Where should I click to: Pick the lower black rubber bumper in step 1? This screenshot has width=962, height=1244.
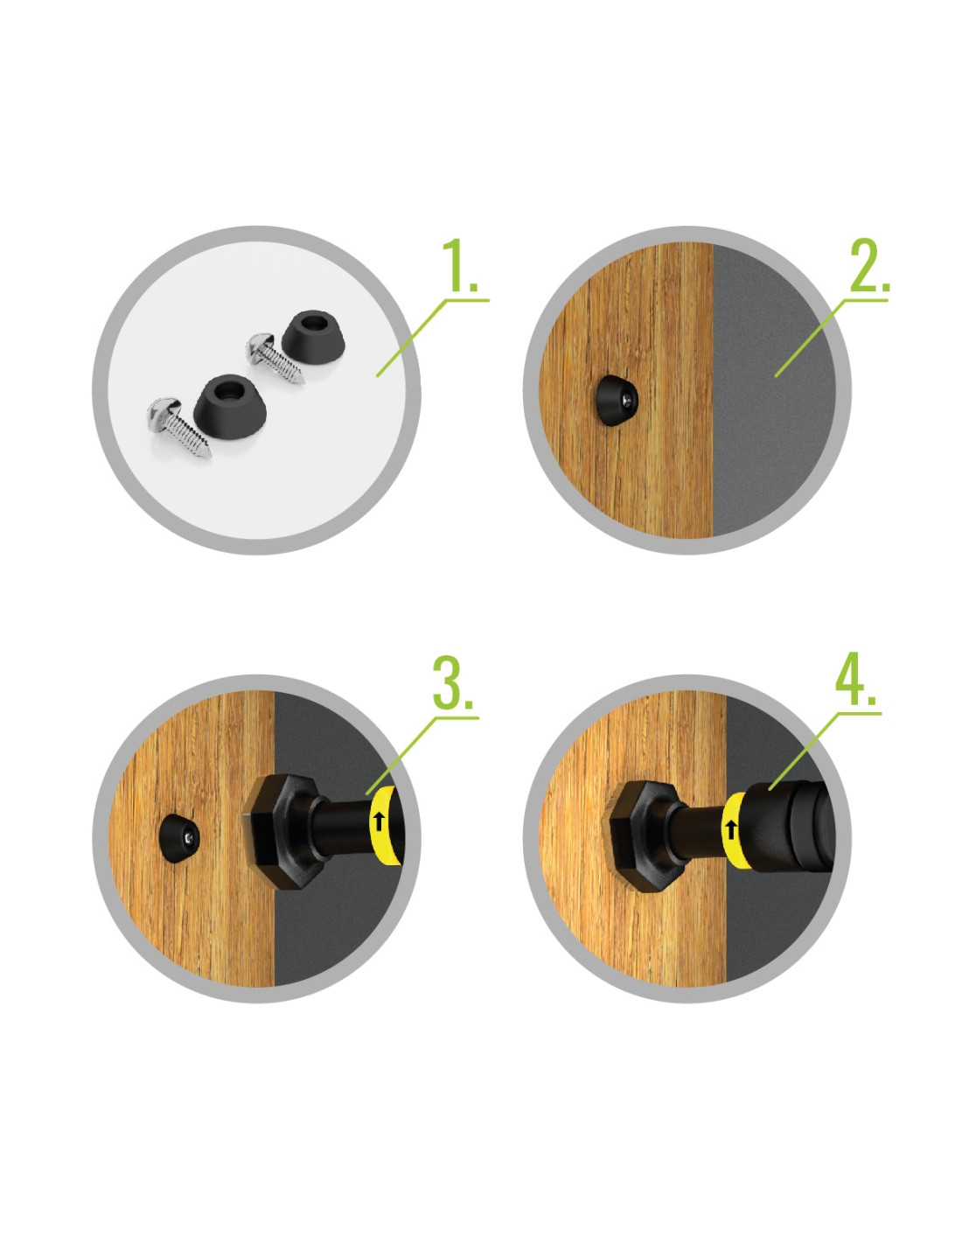click(229, 407)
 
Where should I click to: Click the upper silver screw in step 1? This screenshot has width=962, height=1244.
click(274, 358)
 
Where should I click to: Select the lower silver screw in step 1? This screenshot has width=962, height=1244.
click(178, 427)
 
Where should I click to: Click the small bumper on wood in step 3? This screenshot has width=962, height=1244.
click(179, 838)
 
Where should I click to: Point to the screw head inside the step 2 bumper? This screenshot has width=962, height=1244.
click(630, 396)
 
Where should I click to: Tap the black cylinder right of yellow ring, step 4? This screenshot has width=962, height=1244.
click(790, 826)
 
